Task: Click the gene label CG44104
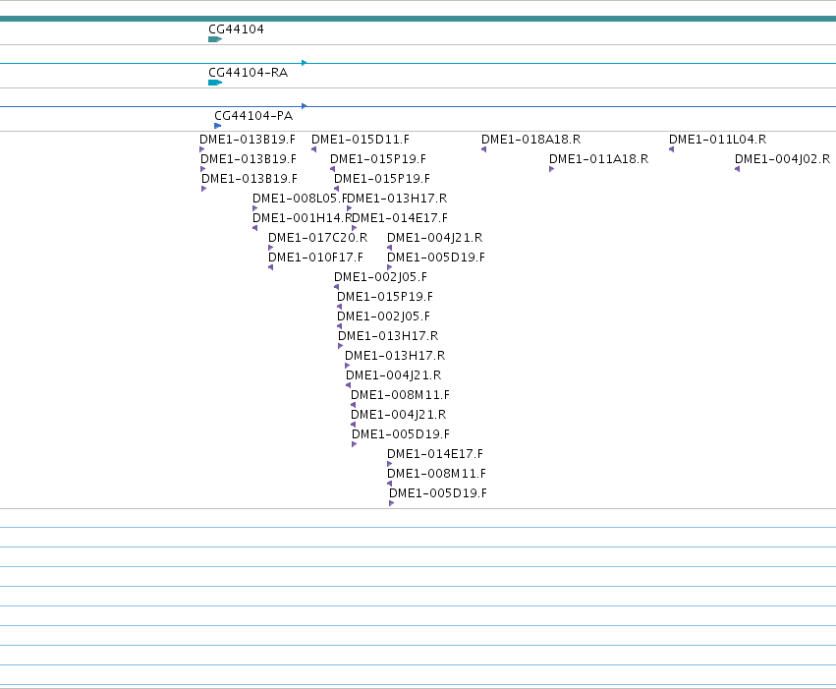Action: (x=236, y=29)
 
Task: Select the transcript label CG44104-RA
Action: (x=248, y=73)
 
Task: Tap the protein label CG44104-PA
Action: (x=253, y=116)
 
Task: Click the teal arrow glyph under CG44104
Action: (x=215, y=39)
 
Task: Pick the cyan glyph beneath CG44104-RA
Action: (x=215, y=83)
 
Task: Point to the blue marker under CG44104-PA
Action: (x=217, y=126)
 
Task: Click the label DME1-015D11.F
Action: (x=361, y=140)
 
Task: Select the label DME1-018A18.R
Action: (x=531, y=140)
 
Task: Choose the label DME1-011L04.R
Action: (x=718, y=140)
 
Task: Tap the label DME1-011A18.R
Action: (x=598, y=159)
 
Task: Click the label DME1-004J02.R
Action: (x=782, y=159)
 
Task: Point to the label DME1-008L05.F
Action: (x=300, y=199)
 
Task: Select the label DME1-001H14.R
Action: (x=303, y=218)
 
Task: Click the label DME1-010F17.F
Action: (x=315, y=258)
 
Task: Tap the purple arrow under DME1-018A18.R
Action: (x=484, y=149)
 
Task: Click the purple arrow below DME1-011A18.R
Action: (x=552, y=169)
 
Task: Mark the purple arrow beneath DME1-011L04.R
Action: (x=672, y=149)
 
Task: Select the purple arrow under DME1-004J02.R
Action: (x=738, y=169)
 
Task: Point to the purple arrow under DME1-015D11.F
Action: (x=314, y=149)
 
